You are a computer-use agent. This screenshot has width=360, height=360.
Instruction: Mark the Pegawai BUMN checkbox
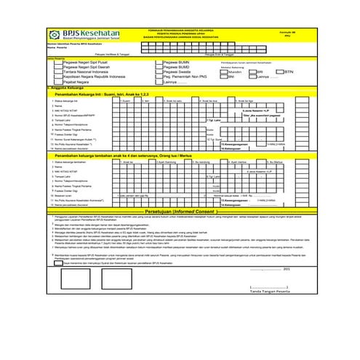(159, 63)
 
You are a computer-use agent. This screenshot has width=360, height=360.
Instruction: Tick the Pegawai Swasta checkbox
(159, 71)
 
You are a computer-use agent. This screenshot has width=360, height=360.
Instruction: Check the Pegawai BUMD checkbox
(159, 67)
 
